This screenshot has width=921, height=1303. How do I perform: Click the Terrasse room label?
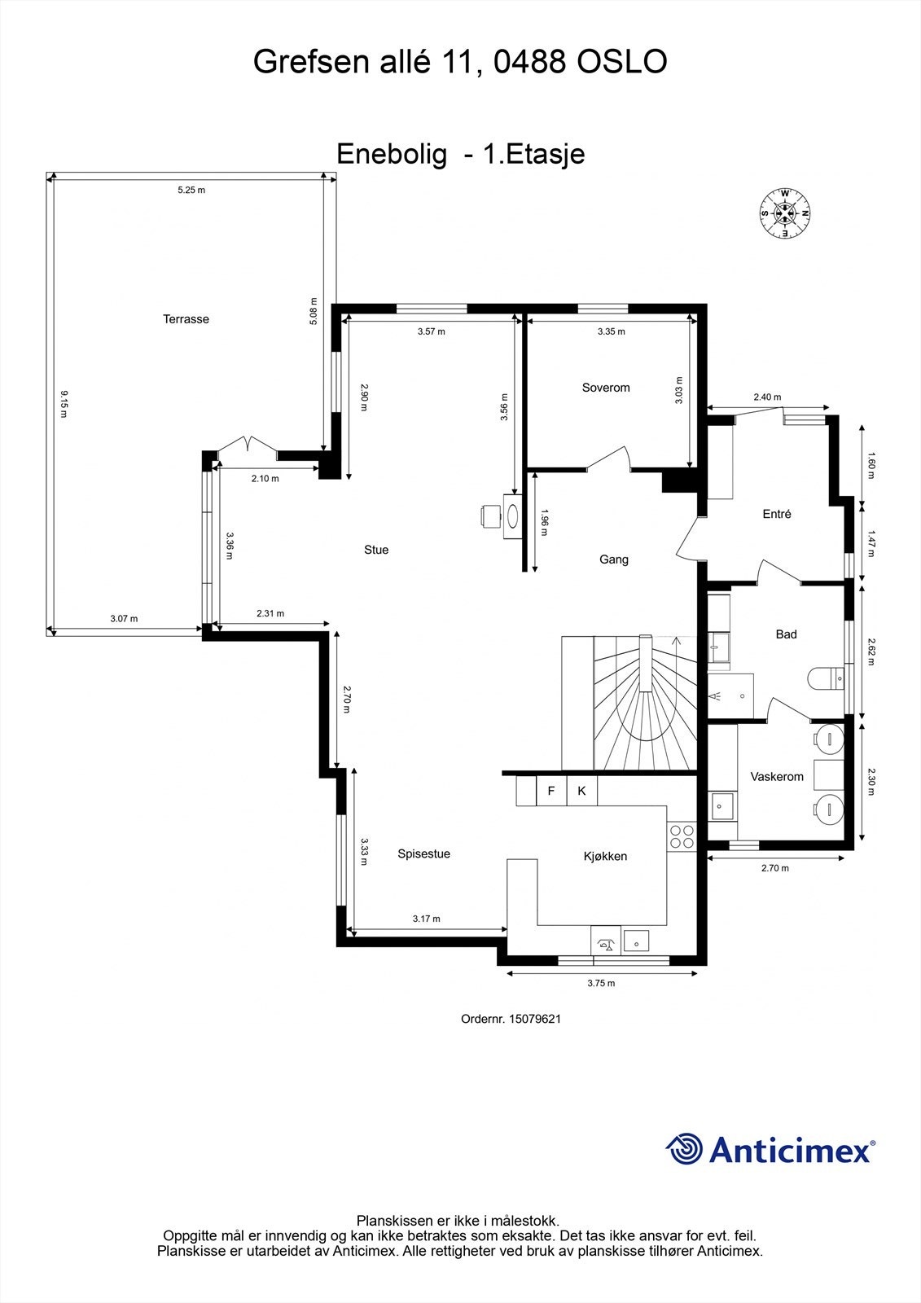coord(186,319)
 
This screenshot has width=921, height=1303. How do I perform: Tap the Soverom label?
coord(606,388)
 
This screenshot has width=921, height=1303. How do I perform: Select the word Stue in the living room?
coord(376,550)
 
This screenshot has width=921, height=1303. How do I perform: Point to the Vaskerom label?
coord(777,777)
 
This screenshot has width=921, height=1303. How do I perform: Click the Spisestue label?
coord(423,853)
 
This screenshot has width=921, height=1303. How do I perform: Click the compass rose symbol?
coord(785,213)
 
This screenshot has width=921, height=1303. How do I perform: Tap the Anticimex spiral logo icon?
coord(684,1150)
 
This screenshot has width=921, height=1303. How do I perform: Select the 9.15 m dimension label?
coord(64,405)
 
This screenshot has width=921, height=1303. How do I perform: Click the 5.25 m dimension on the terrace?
coord(191,191)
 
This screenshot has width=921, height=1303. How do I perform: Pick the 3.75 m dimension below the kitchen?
coord(601,983)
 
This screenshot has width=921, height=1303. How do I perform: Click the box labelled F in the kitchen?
coord(551,791)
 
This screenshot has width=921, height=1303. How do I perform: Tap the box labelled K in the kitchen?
coord(581,791)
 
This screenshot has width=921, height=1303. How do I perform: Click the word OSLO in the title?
coord(622,62)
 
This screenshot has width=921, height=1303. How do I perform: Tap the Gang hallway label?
coord(613,559)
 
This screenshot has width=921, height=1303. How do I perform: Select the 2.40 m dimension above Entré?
coord(767,397)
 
